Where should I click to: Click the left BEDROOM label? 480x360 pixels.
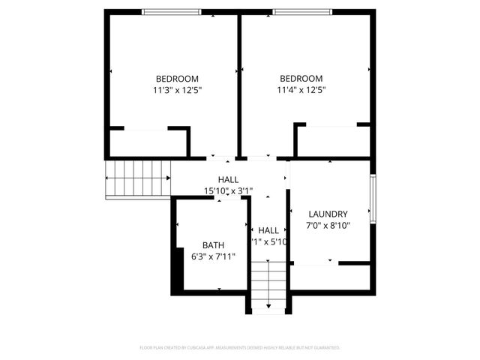177,79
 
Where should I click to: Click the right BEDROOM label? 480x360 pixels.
301,79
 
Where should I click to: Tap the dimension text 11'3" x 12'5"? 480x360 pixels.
177,90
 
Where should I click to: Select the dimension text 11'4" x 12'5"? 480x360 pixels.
301,90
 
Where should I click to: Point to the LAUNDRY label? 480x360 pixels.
328,213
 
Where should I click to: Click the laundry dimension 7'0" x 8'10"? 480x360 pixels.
328,225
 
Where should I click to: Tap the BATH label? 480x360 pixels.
213,245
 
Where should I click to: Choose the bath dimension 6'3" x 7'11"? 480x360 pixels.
213,256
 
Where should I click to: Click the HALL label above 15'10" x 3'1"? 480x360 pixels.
229,180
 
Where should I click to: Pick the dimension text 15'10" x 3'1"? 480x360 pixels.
229,190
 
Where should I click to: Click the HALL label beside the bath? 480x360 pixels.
268,230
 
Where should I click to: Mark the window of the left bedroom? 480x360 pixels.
172,11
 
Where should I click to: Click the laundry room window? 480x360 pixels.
373,198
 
